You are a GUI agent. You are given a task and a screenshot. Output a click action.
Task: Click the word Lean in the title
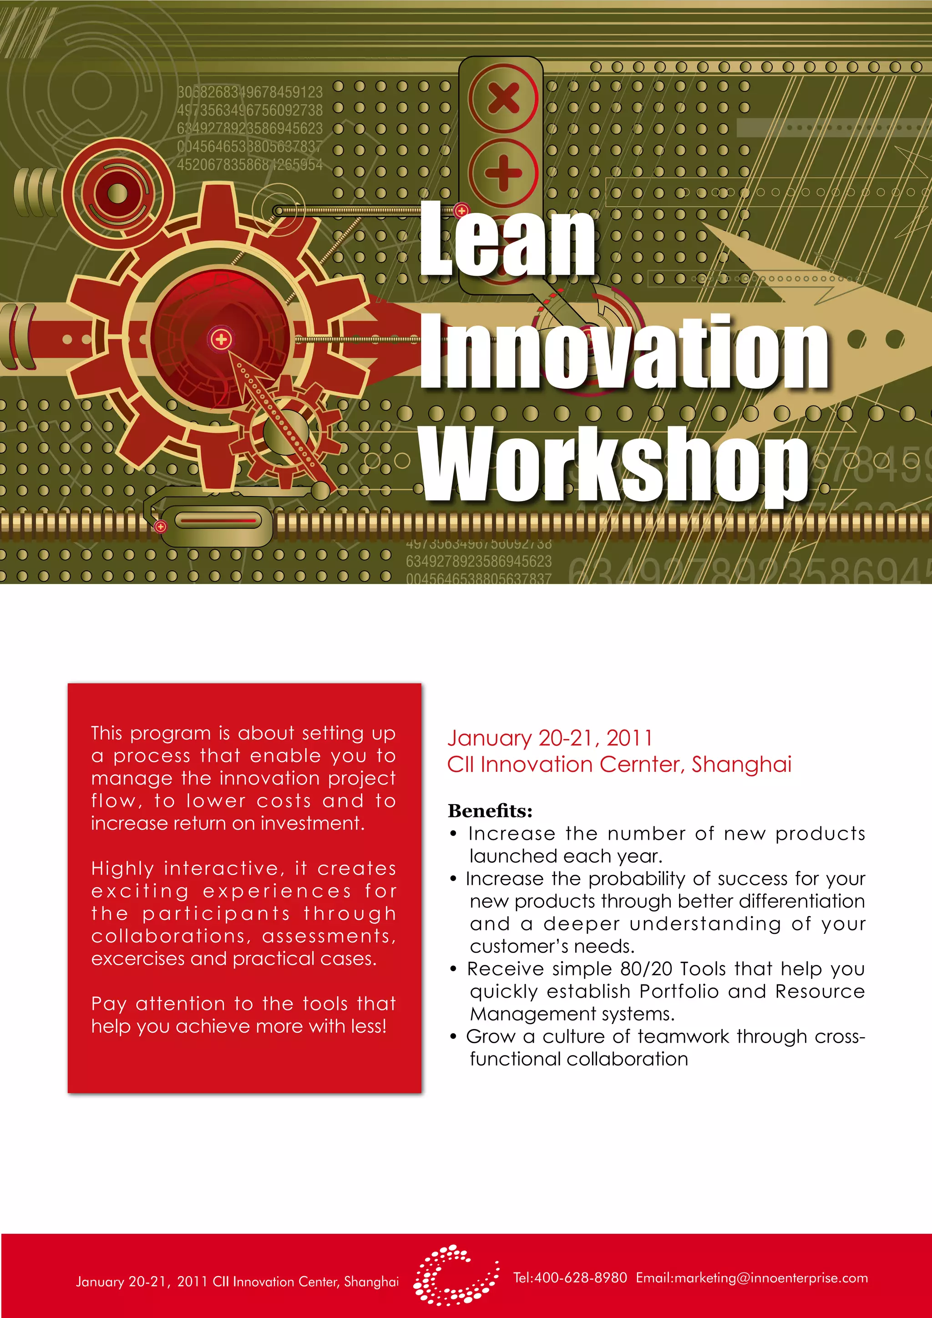click(x=507, y=240)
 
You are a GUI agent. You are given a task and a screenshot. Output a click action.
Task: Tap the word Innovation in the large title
click(x=624, y=351)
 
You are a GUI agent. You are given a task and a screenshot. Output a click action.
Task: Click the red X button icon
click(x=503, y=97)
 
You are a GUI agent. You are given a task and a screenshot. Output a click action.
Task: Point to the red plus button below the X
click(x=503, y=172)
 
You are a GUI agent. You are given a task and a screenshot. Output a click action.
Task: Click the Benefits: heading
click(x=490, y=811)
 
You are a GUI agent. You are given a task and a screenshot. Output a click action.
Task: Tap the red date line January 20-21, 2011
click(x=550, y=738)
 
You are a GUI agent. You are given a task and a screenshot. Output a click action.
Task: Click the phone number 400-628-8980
click(x=580, y=1278)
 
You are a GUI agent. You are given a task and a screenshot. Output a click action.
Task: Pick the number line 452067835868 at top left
click(x=250, y=165)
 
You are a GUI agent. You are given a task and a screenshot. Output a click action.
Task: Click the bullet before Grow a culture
click(x=453, y=1037)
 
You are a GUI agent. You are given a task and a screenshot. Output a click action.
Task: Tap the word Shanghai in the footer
click(x=371, y=1282)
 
